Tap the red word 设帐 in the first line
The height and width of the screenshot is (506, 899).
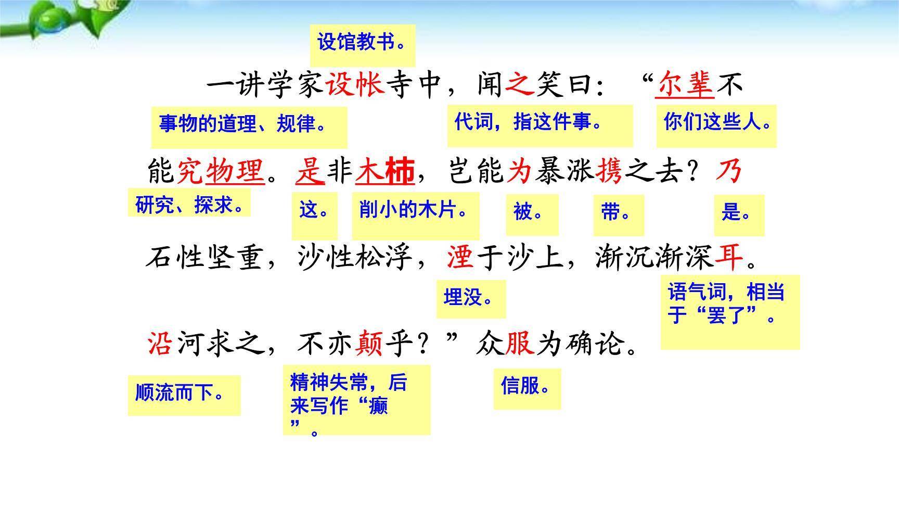pos(355,85)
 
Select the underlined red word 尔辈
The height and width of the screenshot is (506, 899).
pos(685,85)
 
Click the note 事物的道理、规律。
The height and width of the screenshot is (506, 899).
pos(249,126)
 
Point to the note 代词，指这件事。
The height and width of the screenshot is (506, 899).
pos(540,124)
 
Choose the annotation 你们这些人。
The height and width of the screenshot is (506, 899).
pos(716,124)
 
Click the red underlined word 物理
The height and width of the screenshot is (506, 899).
pos(235,171)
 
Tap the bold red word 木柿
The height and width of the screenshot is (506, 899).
pos(385,171)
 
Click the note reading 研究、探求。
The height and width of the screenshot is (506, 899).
pos(189,204)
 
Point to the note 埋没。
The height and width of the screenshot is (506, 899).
pos(470,299)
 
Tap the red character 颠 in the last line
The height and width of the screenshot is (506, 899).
pos(369,344)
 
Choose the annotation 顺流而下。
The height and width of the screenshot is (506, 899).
pos(184,394)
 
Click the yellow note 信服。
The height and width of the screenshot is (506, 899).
pos(526,388)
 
